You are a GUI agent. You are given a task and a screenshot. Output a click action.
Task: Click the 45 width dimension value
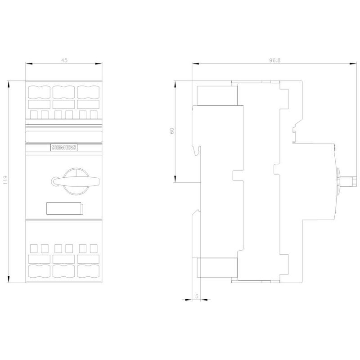coord(64,60)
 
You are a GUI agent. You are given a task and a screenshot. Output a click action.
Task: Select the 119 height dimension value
coord(5,180)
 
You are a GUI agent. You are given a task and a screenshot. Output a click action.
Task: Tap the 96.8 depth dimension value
coord(275,60)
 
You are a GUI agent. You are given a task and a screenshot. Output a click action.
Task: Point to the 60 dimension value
coord(172,130)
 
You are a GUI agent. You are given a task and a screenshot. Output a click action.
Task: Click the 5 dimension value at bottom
coord(197,296)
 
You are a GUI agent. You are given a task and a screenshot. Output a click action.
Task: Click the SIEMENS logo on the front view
coord(64,148)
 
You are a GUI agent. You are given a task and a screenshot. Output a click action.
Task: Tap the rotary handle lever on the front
coord(76,181)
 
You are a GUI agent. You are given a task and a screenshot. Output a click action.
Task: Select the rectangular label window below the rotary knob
coord(65,208)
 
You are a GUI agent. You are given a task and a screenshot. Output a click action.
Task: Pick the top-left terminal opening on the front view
coord(39,92)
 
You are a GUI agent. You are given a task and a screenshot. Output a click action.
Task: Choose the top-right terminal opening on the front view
coord(88,92)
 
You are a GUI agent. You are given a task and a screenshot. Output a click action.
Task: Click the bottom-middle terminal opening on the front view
coord(63,271)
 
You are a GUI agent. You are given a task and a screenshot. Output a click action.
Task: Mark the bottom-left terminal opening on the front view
coord(39,271)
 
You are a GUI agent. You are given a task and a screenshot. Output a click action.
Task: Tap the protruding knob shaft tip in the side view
coord(351,181)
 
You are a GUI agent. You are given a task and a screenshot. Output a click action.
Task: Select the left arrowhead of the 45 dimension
coord(29,63)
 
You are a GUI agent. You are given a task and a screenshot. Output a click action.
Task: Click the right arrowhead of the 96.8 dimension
coord(353,63)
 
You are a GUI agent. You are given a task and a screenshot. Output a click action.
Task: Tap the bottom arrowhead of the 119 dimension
coord(9,279)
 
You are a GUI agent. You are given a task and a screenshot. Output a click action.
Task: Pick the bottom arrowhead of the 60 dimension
coord(175,179)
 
